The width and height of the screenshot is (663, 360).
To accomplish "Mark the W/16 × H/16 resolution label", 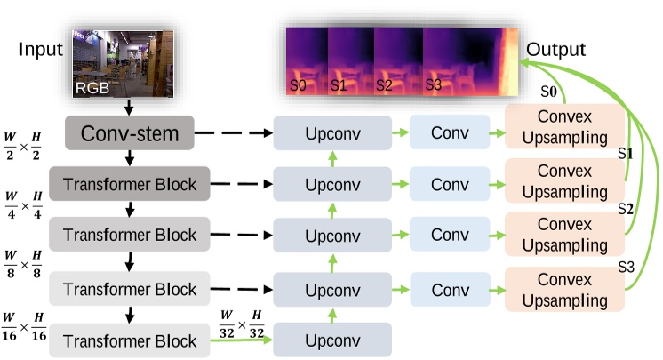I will [25, 326].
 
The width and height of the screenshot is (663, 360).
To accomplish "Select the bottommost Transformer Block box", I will [130, 341].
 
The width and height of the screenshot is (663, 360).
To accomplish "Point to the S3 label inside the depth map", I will [434, 85].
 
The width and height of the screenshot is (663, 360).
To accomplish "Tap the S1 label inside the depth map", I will [338, 85].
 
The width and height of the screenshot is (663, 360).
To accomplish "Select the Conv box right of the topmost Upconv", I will [451, 133].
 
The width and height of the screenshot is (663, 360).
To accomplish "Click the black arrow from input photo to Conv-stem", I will [130, 108].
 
